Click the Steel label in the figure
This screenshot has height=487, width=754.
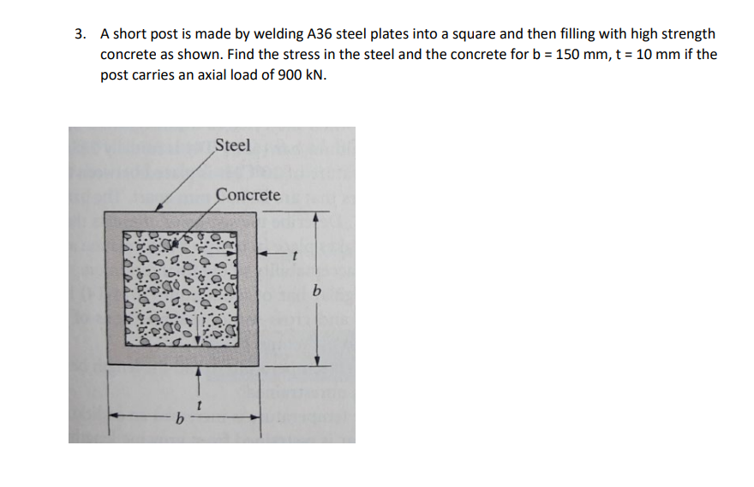[233, 146]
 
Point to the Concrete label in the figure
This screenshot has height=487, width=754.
[248, 195]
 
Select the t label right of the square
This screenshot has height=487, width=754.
[294, 253]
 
